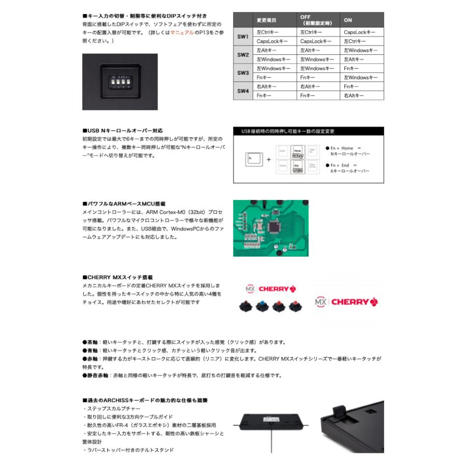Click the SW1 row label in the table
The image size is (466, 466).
(243, 37)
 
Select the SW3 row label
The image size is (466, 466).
(243, 72)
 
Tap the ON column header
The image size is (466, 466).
(348, 20)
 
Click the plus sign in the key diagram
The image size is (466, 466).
(268, 159)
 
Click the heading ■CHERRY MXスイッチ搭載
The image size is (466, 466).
(118, 278)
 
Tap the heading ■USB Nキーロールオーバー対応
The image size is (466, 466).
(122, 131)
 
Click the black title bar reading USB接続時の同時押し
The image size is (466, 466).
(308, 132)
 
